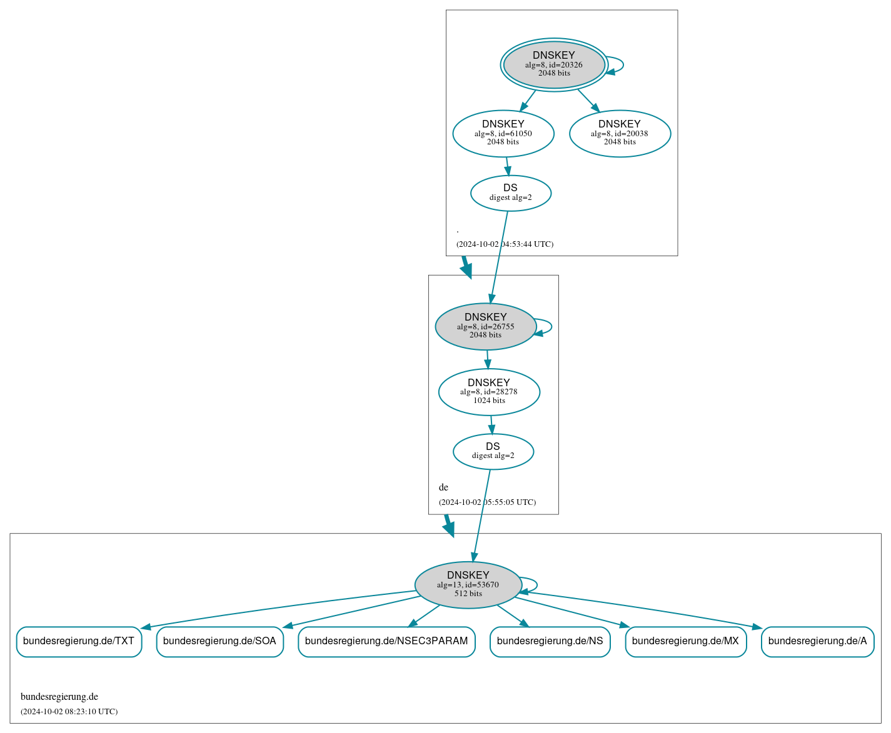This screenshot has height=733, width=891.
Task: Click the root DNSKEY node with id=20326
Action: coord(554,64)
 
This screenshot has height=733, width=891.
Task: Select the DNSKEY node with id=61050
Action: coord(503,133)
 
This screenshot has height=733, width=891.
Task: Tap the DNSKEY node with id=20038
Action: coord(620,133)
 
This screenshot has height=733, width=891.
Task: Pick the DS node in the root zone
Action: coord(510,193)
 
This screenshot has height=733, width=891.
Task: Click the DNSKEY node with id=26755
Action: coord(486,326)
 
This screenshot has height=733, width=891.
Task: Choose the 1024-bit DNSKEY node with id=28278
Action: coord(489,392)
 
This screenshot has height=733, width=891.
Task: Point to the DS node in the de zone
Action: coord(493,451)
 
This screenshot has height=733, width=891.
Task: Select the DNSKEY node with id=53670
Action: coord(468,584)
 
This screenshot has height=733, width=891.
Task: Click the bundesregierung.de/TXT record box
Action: coord(79,641)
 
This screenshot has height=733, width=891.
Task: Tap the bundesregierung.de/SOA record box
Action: coord(219,641)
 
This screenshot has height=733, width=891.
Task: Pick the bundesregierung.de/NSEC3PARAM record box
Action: coord(386,641)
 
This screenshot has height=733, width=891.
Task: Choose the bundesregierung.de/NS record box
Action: coord(550,641)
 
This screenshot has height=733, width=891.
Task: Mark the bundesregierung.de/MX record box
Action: coord(685,641)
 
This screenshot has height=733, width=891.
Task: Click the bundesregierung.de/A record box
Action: coord(817,641)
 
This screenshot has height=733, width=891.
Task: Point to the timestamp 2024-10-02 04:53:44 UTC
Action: coord(505,244)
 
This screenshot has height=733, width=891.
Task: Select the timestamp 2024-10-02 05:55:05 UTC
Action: coord(487,502)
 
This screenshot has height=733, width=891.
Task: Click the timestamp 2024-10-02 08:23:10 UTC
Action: coord(69,712)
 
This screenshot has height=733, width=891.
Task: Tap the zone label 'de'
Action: coord(443,487)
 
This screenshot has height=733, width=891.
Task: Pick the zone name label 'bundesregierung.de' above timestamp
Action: coord(59,697)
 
